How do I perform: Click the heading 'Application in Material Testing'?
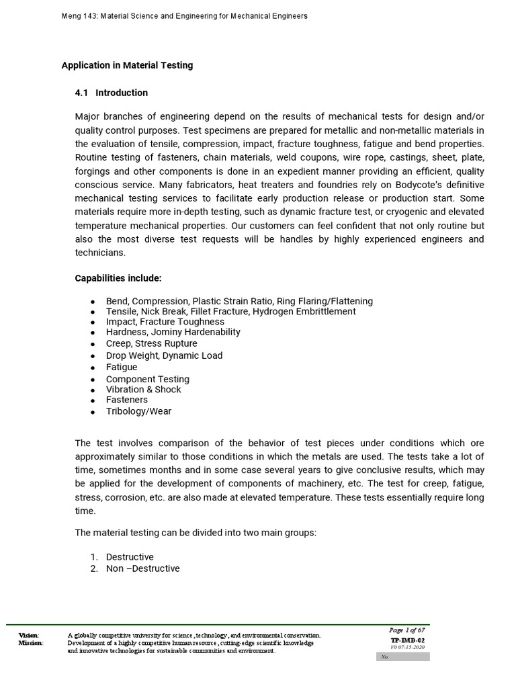pos(127,65)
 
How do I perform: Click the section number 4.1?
pos(82,93)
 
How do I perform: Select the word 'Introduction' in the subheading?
pos(122,93)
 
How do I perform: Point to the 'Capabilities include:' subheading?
pos(118,278)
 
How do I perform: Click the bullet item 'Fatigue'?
pos(122,367)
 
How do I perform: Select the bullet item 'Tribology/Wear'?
pos(138,411)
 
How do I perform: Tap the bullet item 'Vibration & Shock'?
pos(143,389)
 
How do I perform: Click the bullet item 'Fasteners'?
pos(127,400)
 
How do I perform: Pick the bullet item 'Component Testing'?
pos(148,379)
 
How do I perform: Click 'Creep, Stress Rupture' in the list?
pos(152,343)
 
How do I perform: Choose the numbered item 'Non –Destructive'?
pos(142,568)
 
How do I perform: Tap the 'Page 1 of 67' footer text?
pos(406,630)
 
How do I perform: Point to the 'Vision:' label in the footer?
pos(29,635)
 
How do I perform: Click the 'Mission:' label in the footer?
pos(31,643)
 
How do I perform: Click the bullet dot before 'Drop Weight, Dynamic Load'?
pos(91,356)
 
